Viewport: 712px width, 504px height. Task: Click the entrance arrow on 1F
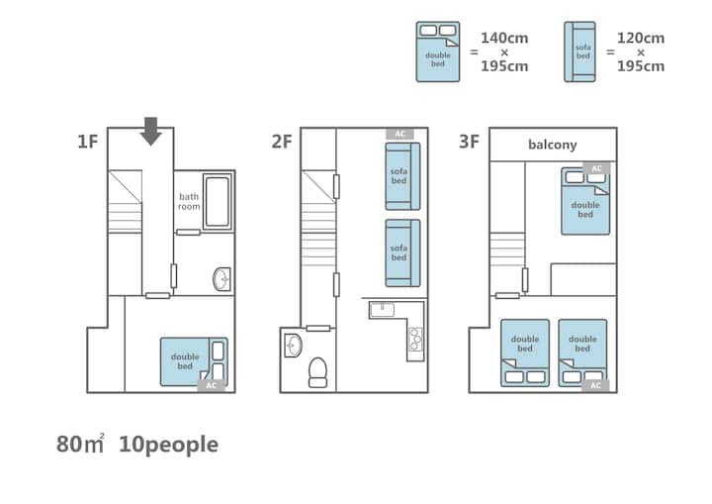[150, 132]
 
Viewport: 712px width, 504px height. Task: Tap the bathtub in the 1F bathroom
[217, 202]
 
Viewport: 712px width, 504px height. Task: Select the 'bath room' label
[189, 202]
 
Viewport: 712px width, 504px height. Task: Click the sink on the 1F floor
[222, 279]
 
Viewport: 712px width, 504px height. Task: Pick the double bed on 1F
[194, 362]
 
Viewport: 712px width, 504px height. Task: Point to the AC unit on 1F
[212, 386]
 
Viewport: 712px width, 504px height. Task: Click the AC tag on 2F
[400, 134]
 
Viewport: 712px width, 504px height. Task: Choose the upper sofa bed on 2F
[402, 176]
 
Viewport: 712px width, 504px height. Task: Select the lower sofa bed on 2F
[402, 252]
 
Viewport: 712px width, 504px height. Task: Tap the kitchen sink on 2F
[382, 310]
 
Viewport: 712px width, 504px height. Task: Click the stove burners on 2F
[415, 340]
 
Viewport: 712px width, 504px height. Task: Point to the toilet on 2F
[317, 372]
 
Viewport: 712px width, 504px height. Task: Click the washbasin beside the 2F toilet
[294, 346]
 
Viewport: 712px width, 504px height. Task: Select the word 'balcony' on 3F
[553, 145]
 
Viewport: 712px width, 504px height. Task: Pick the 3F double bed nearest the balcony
[585, 201]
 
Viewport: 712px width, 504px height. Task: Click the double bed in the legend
[438, 51]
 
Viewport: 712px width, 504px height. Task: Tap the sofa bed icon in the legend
[579, 51]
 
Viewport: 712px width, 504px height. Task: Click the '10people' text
[168, 445]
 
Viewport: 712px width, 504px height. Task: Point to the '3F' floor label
[469, 142]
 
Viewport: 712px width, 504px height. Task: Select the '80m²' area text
[80, 445]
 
